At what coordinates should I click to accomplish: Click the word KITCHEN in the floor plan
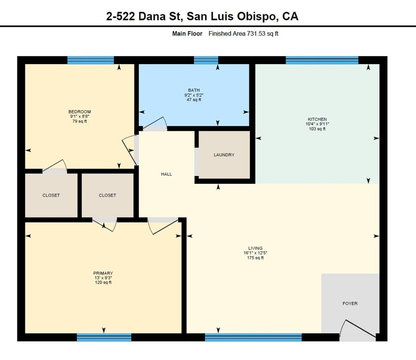point(317,119)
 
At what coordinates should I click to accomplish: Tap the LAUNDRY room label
point(224,155)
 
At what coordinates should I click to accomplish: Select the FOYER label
point(350,303)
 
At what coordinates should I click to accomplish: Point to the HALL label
point(166,174)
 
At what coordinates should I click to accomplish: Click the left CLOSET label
point(51,195)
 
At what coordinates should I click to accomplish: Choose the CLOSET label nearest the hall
point(107,195)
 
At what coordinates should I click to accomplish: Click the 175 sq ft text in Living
point(255,258)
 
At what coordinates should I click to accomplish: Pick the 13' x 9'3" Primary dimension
point(103,278)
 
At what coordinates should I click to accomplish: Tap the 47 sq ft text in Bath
point(194,100)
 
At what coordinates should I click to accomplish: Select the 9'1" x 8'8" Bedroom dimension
point(80,116)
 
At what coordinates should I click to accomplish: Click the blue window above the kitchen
point(322,60)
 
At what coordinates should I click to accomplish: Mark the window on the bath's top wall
point(206,60)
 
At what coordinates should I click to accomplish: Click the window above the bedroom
point(91,60)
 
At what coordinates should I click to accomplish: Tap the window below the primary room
point(104,337)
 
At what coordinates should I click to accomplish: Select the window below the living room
point(253,337)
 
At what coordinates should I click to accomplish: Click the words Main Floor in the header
point(187,34)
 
